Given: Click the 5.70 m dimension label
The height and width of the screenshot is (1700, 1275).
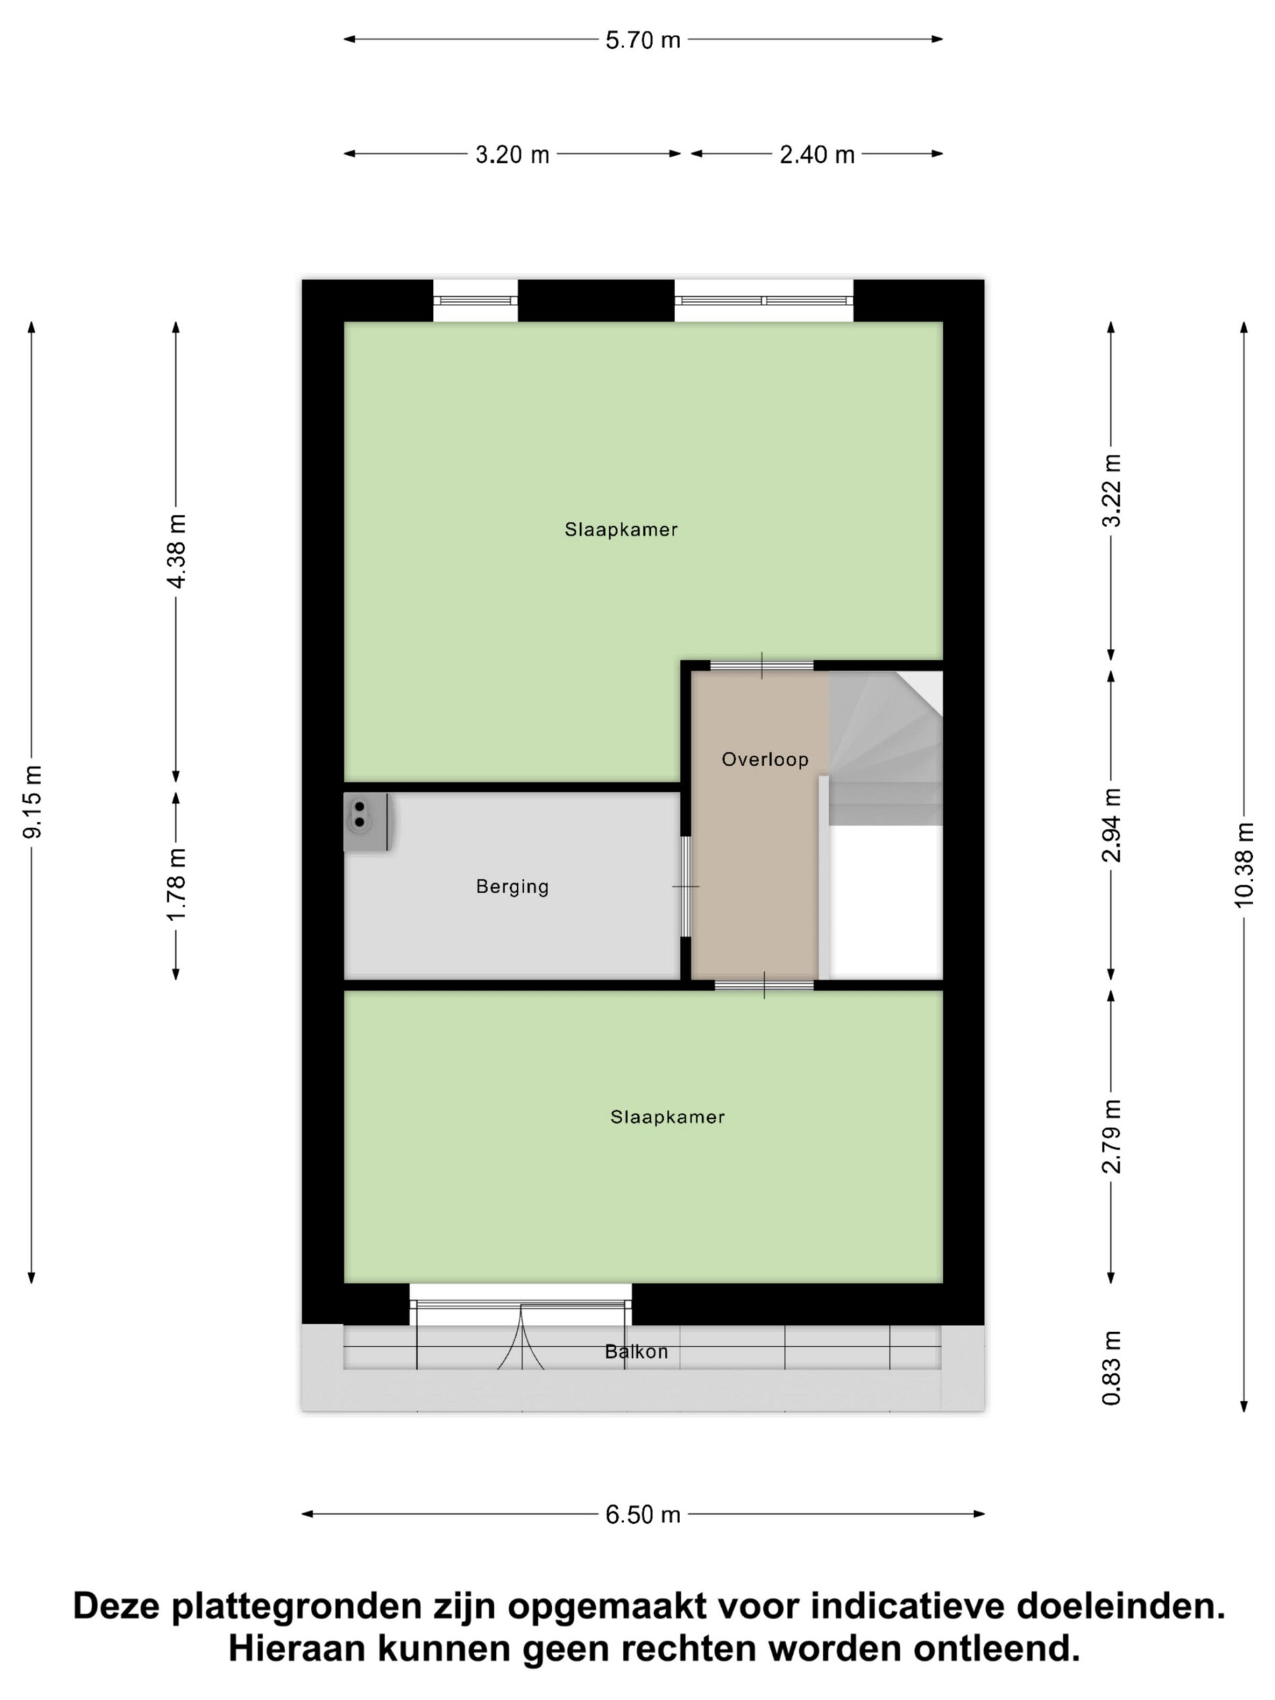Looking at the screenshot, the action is coord(643,40).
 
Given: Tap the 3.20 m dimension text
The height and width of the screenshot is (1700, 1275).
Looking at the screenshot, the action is coord(512,155).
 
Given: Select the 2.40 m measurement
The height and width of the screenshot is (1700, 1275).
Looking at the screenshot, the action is coord(817,155).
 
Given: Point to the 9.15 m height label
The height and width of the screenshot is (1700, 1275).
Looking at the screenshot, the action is coord(33,801).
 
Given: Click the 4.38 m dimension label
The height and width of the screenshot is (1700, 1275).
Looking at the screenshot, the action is coord(177,551).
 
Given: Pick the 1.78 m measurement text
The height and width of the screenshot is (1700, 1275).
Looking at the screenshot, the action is coord(177,885).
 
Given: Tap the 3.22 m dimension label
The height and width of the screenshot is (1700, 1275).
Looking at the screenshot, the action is coord(1111,490).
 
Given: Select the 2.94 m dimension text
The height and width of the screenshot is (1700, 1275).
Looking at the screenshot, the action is coord(1111,825).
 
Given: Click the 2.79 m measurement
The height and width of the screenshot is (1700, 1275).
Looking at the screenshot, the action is coord(1111,1136).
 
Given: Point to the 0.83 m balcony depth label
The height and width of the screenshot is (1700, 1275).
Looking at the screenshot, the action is coord(1111,1367).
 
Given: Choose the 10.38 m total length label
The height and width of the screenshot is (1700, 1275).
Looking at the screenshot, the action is coord(1244,865).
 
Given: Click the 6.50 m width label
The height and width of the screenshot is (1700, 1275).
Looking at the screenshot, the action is coord(643,1515).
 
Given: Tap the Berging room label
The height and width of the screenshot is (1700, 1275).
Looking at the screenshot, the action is coord(513,887).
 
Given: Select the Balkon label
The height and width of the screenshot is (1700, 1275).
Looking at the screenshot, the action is coord(636,1352).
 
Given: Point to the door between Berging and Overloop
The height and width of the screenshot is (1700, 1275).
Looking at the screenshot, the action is coord(685,886).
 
